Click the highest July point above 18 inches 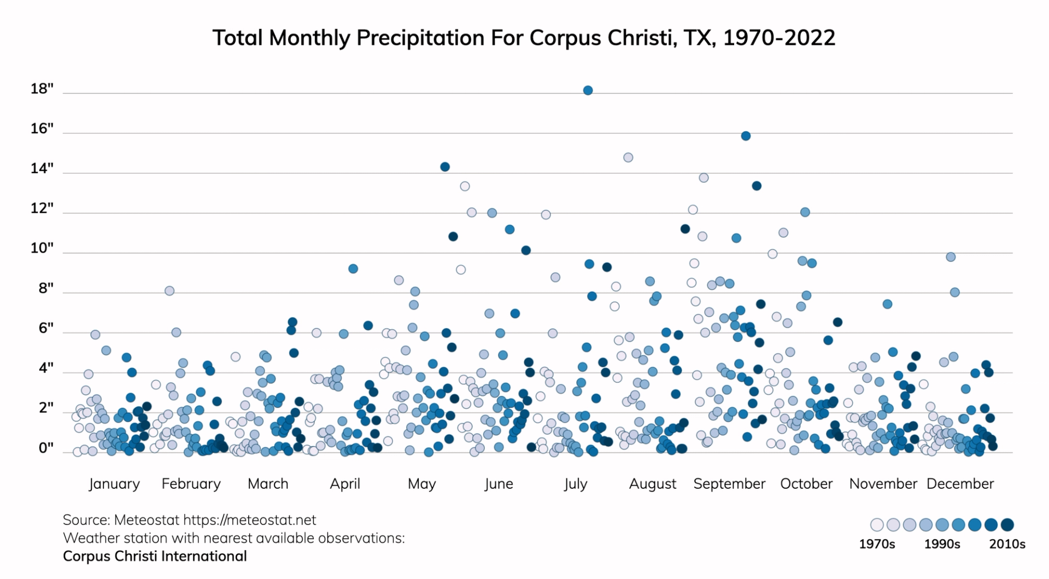point(588,90)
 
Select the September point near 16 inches point(746,136)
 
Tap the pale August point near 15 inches point(628,157)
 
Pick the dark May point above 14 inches point(445,167)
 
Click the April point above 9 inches point(353,268)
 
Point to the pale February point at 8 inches point(169,291)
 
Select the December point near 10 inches point(951,257)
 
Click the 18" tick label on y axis point(42,89)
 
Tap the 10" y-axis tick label point(42,248)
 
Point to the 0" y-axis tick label point(46,448)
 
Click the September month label point(729,484)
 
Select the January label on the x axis point(114,484)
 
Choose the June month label point(499,484)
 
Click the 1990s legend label point(942,544)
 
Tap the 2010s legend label point(1007,544)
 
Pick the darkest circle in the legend point(1007,525)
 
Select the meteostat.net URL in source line point(250,520)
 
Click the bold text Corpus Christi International point(155,556)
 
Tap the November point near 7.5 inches point(887,304)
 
